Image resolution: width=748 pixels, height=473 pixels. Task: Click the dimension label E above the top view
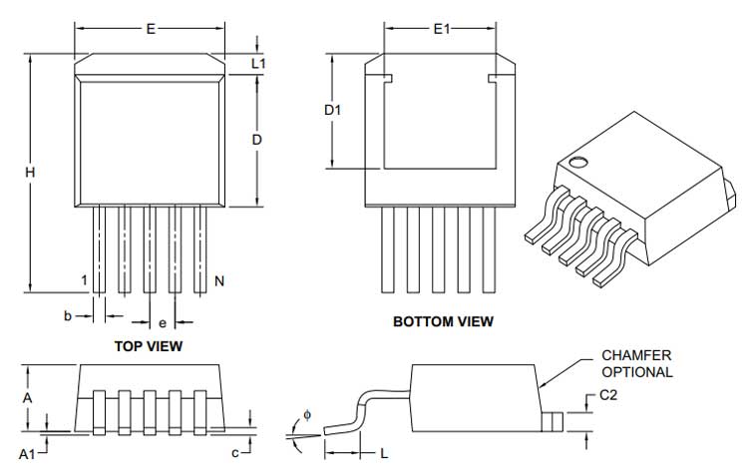point(151,29)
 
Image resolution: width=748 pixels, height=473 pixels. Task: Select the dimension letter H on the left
point(31,173)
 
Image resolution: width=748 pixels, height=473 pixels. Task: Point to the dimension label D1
point(333,111)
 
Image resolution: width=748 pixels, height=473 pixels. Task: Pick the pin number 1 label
point(85,280)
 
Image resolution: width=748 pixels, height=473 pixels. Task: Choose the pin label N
point(218,281)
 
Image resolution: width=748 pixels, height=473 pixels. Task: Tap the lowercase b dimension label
point(68,315)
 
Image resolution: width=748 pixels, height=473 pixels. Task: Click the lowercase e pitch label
point(163,323)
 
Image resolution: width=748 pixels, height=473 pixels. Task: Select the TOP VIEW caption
point(151,346)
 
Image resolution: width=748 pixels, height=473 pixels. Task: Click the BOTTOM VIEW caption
point(443,322)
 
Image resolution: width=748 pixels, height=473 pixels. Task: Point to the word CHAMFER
point(635,355)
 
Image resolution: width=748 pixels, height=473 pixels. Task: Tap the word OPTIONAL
point(637,371)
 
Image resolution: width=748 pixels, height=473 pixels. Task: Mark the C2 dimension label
point(608,396)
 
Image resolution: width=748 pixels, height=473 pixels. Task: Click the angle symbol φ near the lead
point(307,413)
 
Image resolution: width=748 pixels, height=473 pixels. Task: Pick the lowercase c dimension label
point(234,453)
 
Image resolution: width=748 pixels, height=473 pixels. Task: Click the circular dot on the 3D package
point(576,161)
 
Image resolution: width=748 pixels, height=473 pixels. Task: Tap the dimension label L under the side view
point(384,454)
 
